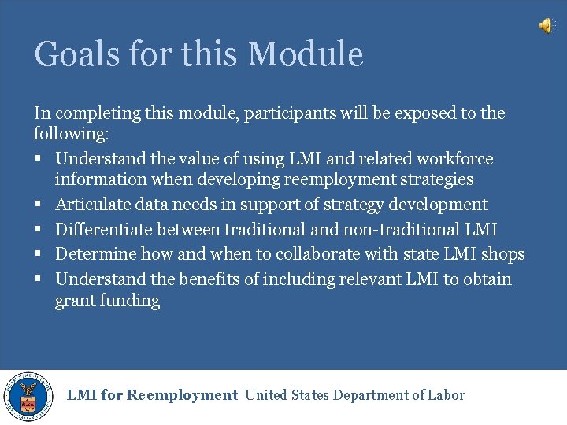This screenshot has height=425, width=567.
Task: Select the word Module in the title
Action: point(305,54)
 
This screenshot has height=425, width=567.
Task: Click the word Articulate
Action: point(91,205)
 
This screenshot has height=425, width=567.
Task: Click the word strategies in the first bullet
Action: point(435,179)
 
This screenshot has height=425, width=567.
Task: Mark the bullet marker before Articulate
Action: point(38,205)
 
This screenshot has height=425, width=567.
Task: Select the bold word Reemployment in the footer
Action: point(182,395)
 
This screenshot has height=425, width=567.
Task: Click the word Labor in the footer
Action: point(445,395)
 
